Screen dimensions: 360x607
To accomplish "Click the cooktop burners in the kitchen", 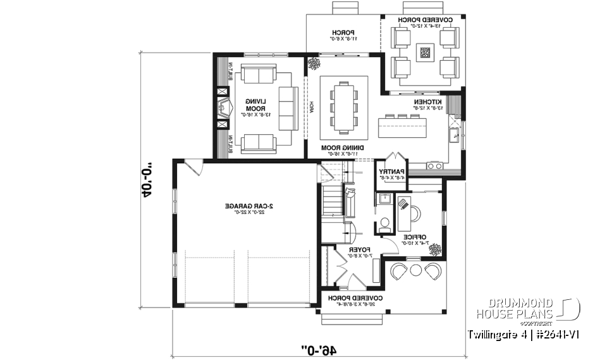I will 435,166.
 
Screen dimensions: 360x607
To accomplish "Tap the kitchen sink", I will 454,135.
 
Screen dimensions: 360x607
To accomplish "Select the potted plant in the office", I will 435,249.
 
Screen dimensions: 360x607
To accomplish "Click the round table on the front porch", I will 416,271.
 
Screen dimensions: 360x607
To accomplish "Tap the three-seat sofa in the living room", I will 287,108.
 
